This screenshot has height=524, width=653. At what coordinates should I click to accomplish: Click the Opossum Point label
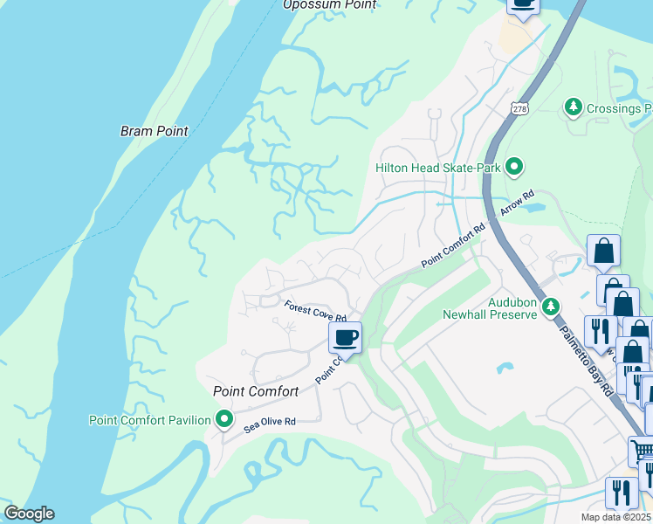click(329, 5)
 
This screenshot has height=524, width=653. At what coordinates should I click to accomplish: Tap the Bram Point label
click(154, 131)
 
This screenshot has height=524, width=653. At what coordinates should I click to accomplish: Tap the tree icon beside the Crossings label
click(574, 107)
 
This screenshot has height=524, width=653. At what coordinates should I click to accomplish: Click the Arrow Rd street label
click(517, 205)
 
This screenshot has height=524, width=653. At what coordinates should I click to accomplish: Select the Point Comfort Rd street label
click(452, 247)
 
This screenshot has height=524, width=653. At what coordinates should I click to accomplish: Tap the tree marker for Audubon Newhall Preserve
click(550, 307)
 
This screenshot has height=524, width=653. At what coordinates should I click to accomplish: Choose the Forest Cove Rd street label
click(315, 311)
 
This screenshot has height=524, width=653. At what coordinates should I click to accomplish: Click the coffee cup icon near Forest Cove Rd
click(345, 337)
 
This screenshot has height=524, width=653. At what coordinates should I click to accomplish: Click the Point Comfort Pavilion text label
click(149, 420)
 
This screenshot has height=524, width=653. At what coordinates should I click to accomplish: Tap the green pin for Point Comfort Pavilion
click(224, 420)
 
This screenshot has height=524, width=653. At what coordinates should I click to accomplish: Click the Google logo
click(28, 514)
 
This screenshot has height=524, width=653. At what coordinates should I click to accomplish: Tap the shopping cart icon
click(642, 450)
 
